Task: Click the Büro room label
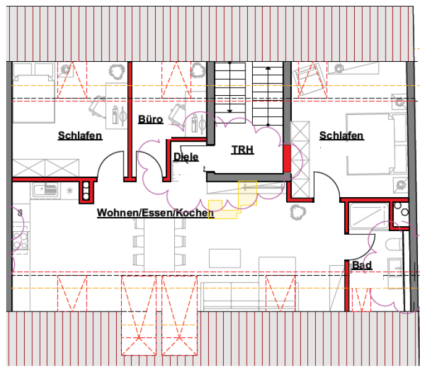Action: (150, 119)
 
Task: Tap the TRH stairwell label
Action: (242, 150)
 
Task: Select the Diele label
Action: (185, 157)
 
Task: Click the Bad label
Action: (362, 266)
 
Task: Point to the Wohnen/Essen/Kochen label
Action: (155, 213)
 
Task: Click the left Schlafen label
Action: (80, 135)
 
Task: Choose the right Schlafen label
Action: (341, 135)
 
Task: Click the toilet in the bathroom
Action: (394, 246)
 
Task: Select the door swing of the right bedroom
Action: (327, 185)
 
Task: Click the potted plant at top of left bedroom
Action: (116, 71)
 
